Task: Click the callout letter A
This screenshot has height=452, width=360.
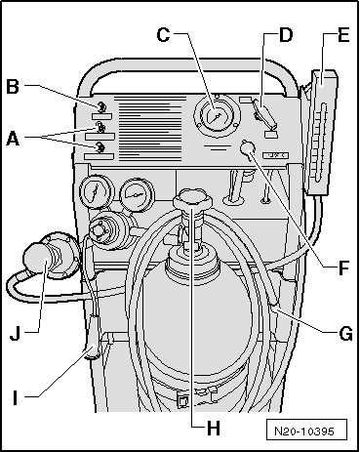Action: click(13, 140)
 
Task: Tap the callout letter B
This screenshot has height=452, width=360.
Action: click(13, 87)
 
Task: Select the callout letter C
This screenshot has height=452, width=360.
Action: click(163, 35)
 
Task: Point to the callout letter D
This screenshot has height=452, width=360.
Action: click(286, 35)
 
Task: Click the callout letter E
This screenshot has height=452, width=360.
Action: click(343, 35)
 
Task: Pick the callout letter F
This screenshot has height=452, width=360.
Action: click(343, 268)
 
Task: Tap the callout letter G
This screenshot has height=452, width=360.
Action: click(345, 334)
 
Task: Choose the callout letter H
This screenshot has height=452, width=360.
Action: click(214, 429)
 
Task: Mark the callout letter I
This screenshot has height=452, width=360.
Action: click(16, 397)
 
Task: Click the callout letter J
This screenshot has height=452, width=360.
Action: click(15, 333)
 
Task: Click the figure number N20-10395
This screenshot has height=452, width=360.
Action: click(304, 431)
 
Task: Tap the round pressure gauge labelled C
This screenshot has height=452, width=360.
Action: click(218, 116)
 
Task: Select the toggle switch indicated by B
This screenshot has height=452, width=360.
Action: click(100, 106)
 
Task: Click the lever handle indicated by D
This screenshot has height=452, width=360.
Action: click(264, 114)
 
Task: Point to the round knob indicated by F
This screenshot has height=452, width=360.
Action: click(248, 147)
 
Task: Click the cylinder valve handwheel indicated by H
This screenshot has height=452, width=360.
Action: click(192, 199)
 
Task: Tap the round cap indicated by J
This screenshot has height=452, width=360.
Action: click(36, 259)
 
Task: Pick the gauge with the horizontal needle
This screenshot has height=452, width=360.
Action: click(136, 195)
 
